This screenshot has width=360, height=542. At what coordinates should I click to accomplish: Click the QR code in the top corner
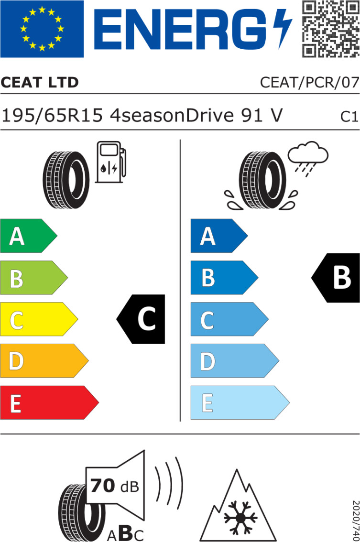pyautogui.click(x=330, y=28)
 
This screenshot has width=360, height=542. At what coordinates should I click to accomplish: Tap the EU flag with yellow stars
pyautogui.click(x=42, y=29)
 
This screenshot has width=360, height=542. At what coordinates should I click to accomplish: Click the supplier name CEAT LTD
pyautogui.click(x=40, y=83)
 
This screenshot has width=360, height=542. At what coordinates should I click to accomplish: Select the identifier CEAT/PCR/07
pyautogui.click(x=309, y=83)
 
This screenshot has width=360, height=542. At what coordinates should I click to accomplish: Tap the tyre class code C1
pyautogui.click(x=349, y=117)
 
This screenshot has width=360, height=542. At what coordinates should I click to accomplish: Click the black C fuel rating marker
pyautogui.click(x=142, y=319)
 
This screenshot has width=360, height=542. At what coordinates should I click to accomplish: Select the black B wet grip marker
pyautogui.click(x=337, y=278)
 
